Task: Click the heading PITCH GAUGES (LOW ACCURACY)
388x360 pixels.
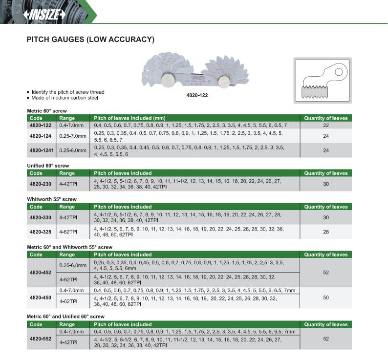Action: tap(90, 39)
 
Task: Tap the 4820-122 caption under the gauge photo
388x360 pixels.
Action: tap(197, 95)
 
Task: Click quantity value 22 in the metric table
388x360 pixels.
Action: tap(326, 126)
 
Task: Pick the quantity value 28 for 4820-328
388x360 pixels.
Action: tap(326, 232)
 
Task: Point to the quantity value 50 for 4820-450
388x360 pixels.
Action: tap(326, 297)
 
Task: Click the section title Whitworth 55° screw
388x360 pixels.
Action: tap(51, 199)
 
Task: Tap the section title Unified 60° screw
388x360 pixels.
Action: tap(47, 166)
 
